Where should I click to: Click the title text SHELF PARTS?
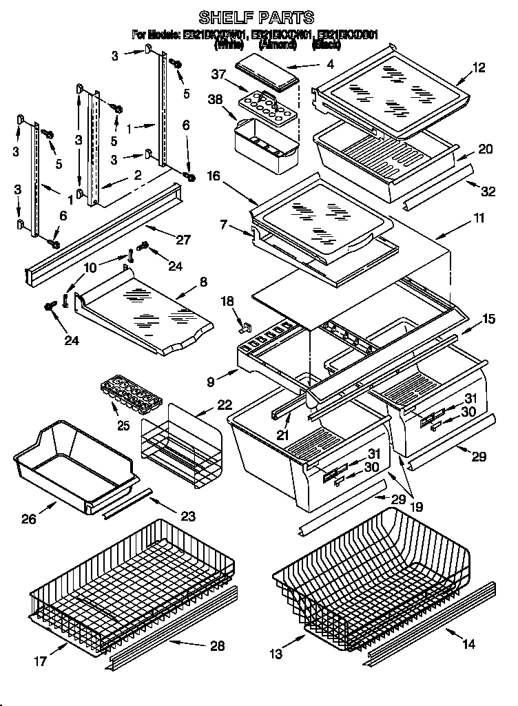click(256, 17)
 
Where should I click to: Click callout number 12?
click(479, 68)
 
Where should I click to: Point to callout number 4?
click(330, 65)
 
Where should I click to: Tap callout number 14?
click(468, 645)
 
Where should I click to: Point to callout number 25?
click(123, 425)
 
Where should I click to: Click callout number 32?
click(488, 191)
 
